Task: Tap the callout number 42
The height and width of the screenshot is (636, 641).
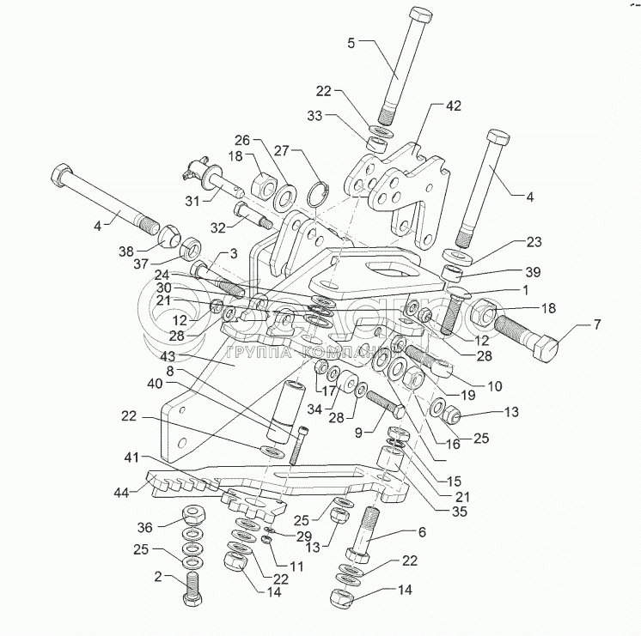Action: tap(453, 106)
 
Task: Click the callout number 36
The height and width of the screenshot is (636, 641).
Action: tap(145, 527)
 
